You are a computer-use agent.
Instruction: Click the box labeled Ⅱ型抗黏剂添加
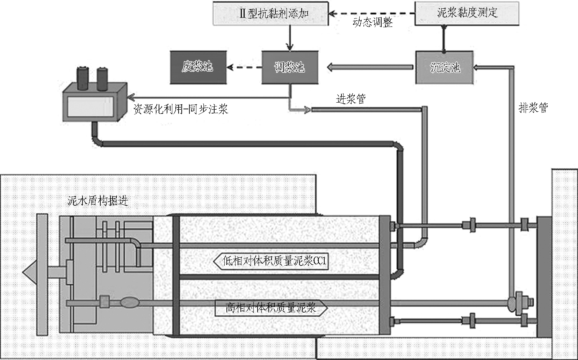(x=271, y=14)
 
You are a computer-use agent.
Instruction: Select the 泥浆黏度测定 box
(x=467, y=13)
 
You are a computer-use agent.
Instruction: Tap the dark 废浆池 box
(x=198, y=67)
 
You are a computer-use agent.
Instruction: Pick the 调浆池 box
(x=290, y=67)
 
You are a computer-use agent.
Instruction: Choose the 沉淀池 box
(x=445, y=67)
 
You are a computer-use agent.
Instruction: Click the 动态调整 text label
(x=373, y=22)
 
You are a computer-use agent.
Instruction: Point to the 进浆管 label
(x=351, y=99)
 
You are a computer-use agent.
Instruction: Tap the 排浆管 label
(x=533, y=108)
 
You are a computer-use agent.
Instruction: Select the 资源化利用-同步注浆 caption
(x=181, y=109)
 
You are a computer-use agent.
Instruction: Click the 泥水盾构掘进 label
(x=98, y=201)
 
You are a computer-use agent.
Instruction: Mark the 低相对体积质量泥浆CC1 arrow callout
(x=271, y=261)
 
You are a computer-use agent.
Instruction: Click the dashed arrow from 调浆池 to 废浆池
(x=244, y=67)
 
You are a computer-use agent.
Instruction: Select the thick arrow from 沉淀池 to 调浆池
(x=370, y=67)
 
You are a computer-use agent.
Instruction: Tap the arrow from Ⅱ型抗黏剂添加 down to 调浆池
(x=290, y=38)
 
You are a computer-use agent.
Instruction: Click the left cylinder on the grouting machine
(x=83, y=79)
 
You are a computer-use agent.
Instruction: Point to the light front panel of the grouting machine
(x=91, y=106)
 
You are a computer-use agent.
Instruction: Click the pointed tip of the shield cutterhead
(x=23, y=272)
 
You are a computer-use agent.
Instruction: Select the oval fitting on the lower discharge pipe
(x=130, y=303)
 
